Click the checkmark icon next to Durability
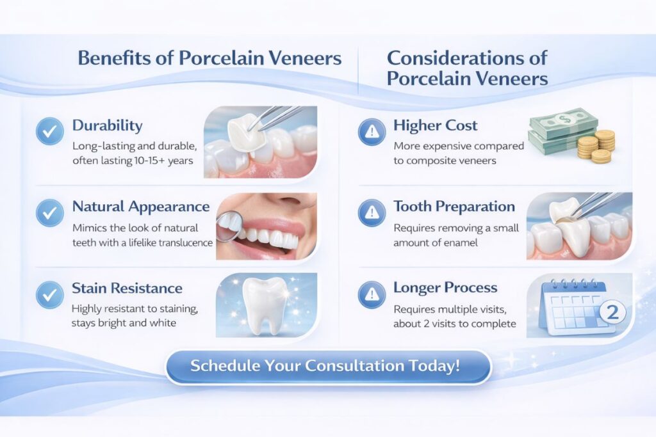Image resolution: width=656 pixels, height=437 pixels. coord(50,131)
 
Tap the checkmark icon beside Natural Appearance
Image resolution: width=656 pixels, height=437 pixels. coord(50,213)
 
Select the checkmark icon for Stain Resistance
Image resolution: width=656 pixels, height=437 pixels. coord(50,294)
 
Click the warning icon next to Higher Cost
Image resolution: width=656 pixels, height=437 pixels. coord(372,132)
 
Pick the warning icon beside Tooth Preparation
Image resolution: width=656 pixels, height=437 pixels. coord(372,213)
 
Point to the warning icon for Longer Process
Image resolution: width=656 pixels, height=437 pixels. coord(372,294)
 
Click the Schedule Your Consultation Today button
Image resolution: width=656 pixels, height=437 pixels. coord(328,367)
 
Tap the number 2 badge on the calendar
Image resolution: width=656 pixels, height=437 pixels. coord(612,312)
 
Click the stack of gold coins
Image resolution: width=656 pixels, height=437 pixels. coord(598,147)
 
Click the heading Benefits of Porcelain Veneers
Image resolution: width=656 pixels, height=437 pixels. coord(209,58)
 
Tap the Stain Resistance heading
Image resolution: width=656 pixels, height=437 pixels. coord(127,289)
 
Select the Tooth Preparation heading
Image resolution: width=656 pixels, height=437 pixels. coord(454,207)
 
